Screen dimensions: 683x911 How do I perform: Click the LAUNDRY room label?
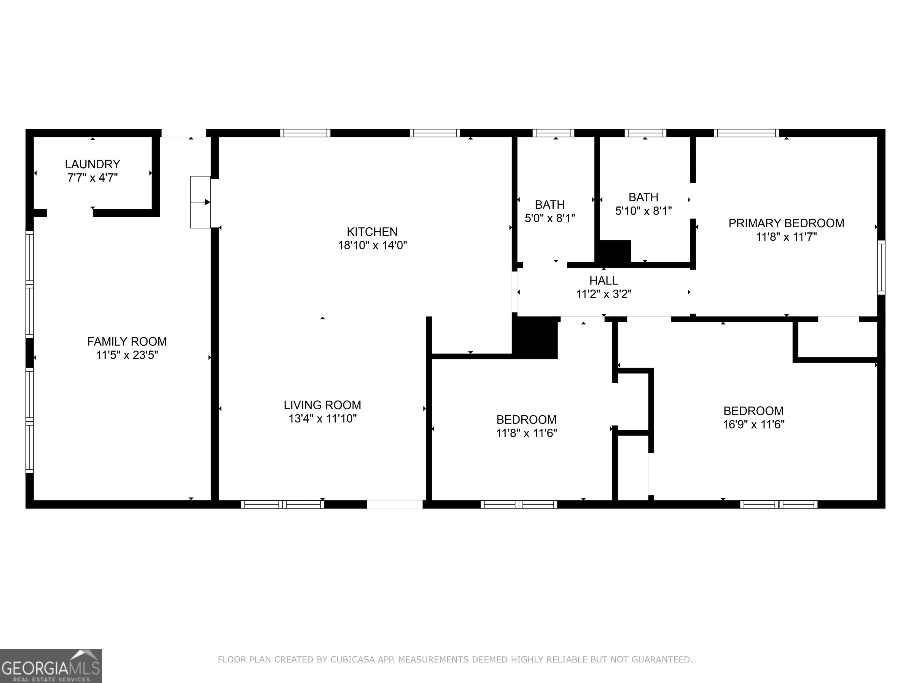(92, 164)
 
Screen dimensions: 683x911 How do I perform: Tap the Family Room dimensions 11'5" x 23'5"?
(127, 355)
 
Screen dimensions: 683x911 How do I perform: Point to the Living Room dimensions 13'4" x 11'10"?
(322, 419)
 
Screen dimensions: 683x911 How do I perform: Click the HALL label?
(603, 280)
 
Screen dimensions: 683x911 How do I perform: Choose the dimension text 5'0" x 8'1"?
(550, 218)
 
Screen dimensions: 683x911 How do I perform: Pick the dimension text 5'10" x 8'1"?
(643, 211)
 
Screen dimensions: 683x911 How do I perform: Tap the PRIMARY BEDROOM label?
(786, 223)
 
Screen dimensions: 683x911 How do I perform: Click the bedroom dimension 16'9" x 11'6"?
(753, 425)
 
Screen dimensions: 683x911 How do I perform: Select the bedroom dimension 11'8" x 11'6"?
(526, 433)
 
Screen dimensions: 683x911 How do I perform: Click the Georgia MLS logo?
(51, 666)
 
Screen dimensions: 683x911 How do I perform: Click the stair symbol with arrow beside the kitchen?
(200, 202)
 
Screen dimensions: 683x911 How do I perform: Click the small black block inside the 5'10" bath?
(614, 251)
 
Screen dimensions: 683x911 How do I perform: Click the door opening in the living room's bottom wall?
(394, 504)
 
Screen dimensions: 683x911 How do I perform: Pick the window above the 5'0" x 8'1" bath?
(553, 133)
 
